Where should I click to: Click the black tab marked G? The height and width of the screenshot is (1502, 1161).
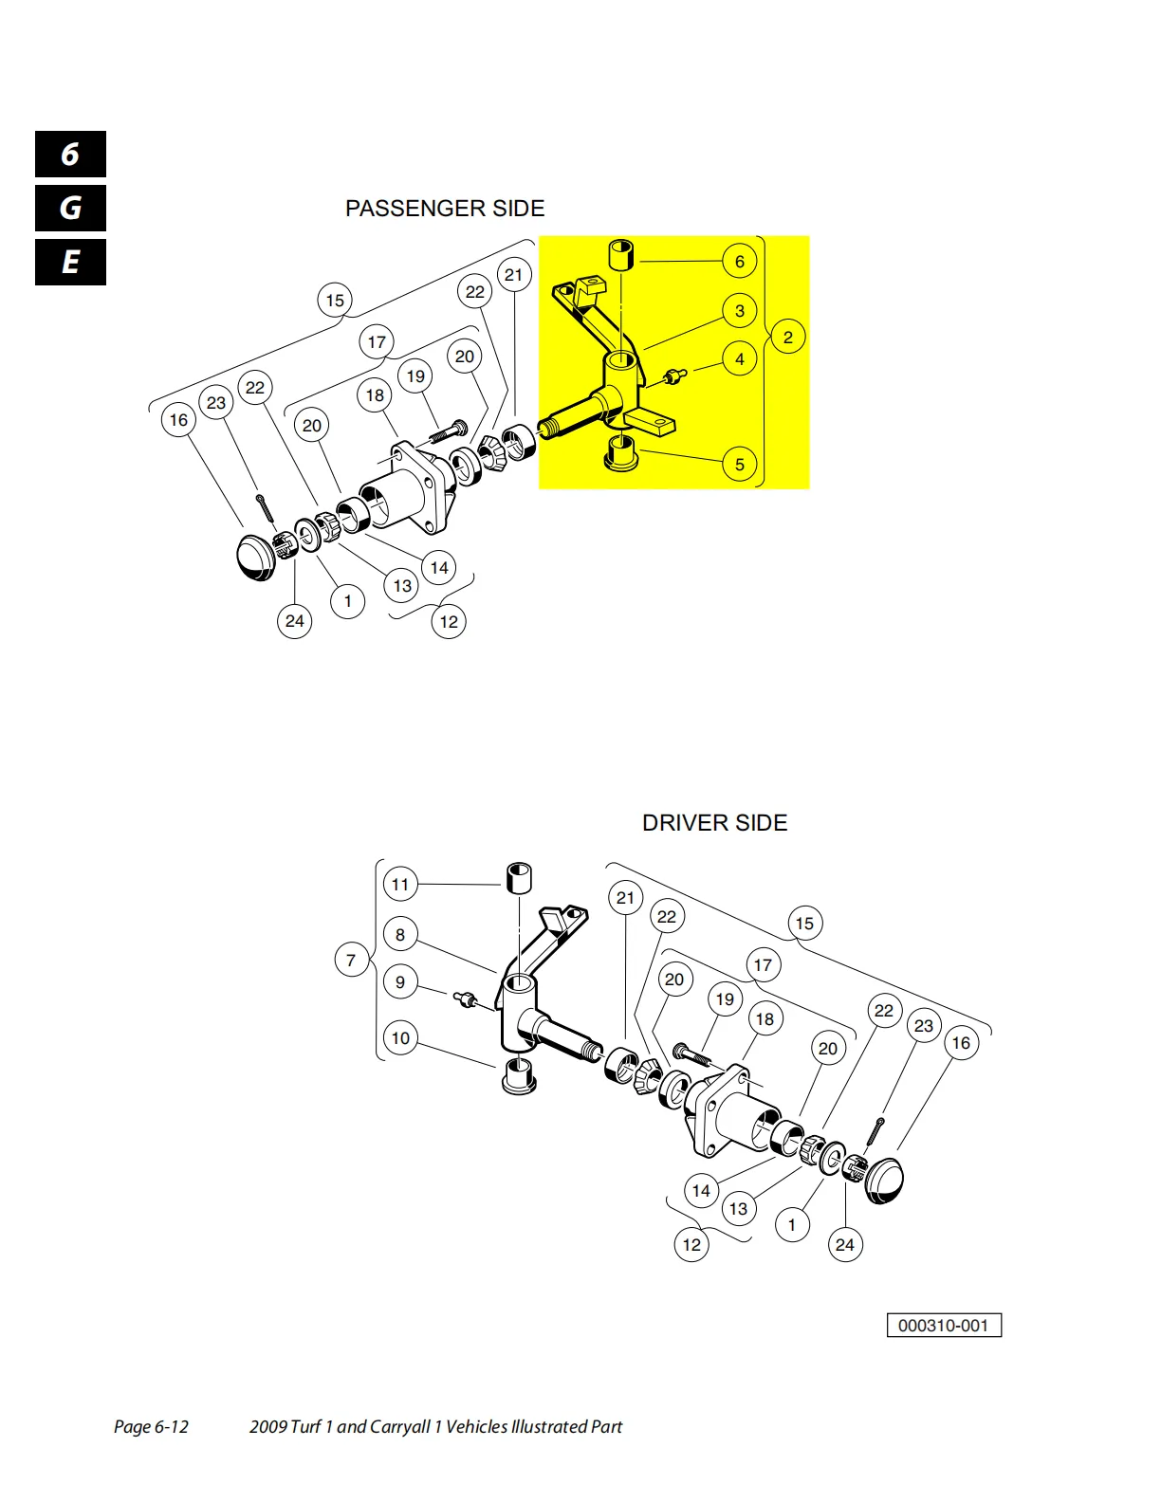pyautogui.click(x=70, y=208)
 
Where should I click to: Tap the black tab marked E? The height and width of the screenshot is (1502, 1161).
pyautogui.click(x=70, y=262)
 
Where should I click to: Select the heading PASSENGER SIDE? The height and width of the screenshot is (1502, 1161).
pyautogui.click(x=445, y=208)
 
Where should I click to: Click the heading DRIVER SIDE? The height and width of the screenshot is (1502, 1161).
pyautogui.click(x=714, y=822)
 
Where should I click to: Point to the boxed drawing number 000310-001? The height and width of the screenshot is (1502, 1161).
pyautogui.click(x=944, y=1325)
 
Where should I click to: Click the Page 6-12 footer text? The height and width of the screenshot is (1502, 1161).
pyautogui.click(x=151, y=1427)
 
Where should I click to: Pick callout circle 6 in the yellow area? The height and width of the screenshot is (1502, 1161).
pyautogui.click(x=739, y=262)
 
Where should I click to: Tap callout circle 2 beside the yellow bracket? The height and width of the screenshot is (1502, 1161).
pyautogui.click(x=787, y=338)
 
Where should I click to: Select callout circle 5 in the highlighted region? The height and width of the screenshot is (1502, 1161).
pyautogui.click(x=739, y=464)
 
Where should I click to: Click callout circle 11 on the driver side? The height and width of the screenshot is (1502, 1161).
pyautogui.click(x=400, y=884)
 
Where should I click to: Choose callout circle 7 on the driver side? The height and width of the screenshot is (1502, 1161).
pyautogui.click(x=351, y=961)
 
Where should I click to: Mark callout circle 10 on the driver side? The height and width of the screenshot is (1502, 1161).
pyautogui.click(x=400, y=1038)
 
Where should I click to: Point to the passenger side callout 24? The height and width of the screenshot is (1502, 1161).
pyautogui.click(x=295, y=621)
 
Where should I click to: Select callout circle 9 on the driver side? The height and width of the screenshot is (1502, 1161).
pyautogui.click(x=400, y=981)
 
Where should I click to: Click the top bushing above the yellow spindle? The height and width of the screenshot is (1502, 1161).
pyautogui.click(x=621, y=255)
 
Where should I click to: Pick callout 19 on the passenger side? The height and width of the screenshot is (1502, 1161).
pyautogui.click(x=415, y=376)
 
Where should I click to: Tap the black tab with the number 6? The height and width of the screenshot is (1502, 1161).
pyautogui.click(x=70, y=154)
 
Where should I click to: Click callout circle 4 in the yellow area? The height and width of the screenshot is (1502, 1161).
pyautogui.click(x=739, y=358)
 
